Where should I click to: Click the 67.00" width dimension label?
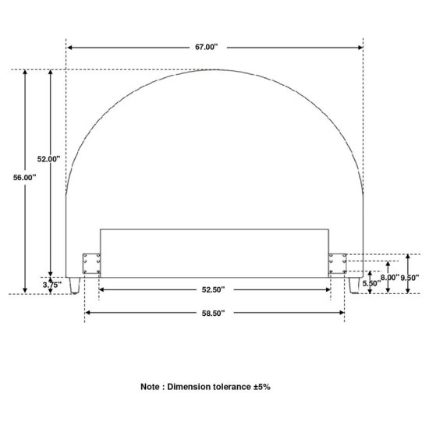[x=206, y=47]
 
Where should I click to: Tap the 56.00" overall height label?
[x=25, y=178]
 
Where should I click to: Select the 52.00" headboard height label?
[x=48, y=158]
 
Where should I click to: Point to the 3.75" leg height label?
[x=51, y=285]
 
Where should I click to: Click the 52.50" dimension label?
[x=213, y=289]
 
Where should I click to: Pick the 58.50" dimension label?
[x=213, y=313]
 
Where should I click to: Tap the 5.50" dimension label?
[x=371, y=283]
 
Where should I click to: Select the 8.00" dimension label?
[x=390, y=278]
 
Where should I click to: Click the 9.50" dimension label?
[x=409, y=278]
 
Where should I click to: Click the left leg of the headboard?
[x=74, y=285]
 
